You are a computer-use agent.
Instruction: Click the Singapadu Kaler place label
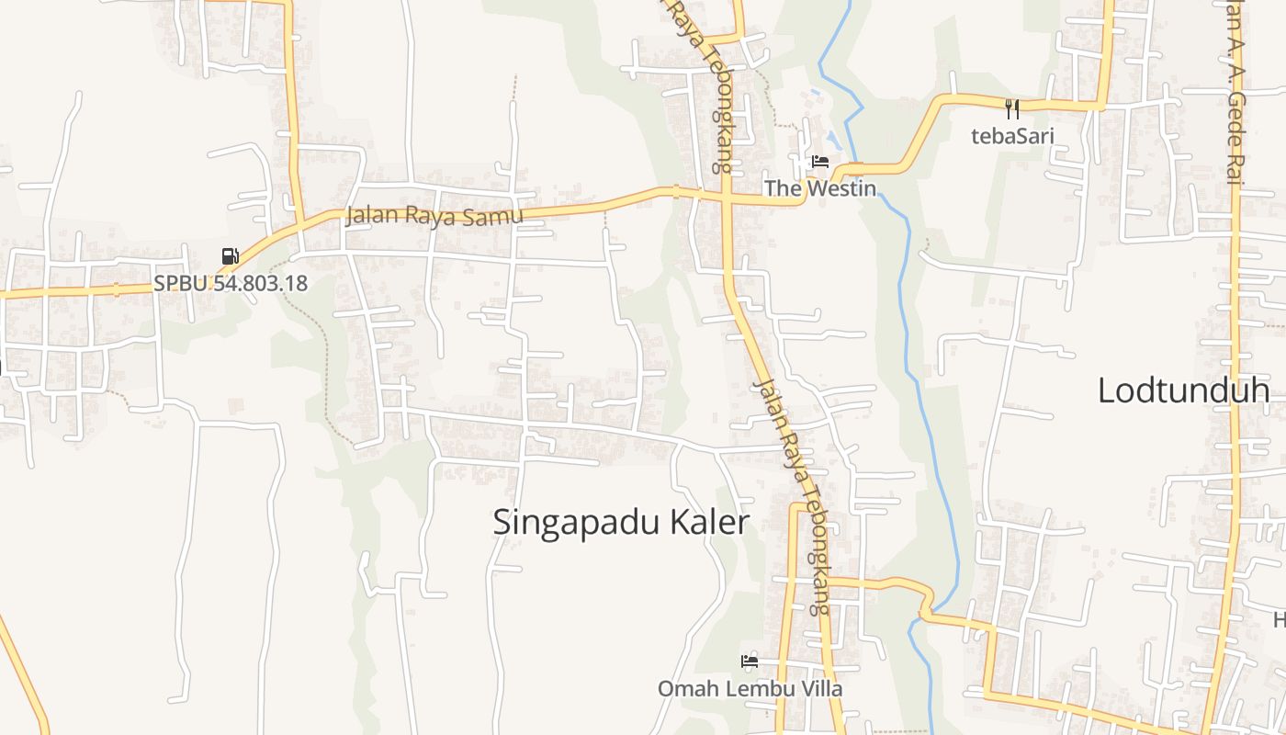621,522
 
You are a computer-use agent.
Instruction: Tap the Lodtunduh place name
1183,390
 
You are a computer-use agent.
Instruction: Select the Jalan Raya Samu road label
434,217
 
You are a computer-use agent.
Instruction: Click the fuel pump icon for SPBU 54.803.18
230,256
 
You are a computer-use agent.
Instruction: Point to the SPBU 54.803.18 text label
231,283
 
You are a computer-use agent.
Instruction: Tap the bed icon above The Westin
819,163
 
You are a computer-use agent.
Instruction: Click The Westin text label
820,188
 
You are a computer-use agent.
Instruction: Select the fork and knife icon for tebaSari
1012,109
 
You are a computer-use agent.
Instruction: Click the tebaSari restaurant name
1012,137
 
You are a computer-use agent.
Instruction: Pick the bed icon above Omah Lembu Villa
750,661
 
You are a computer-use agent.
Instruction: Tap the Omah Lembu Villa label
750,688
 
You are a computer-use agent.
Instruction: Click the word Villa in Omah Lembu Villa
820,688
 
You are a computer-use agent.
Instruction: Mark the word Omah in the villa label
682,688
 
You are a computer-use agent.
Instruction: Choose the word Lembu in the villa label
751,688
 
